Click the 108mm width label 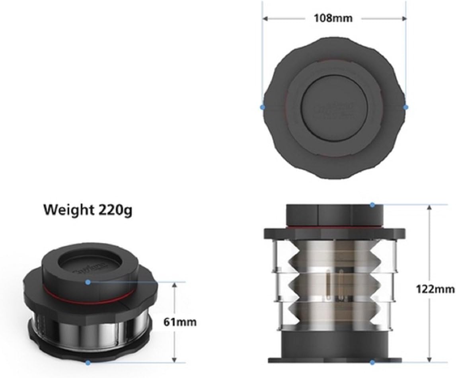coord(334,19)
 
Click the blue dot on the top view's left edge coord(262,107)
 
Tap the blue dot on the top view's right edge coord(406,107)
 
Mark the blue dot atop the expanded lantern coord(372,205)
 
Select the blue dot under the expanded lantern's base coord(372,362)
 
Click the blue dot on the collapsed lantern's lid coord(88,282)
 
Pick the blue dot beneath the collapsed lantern coord(88,362)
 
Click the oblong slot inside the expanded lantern coord(327,286)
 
